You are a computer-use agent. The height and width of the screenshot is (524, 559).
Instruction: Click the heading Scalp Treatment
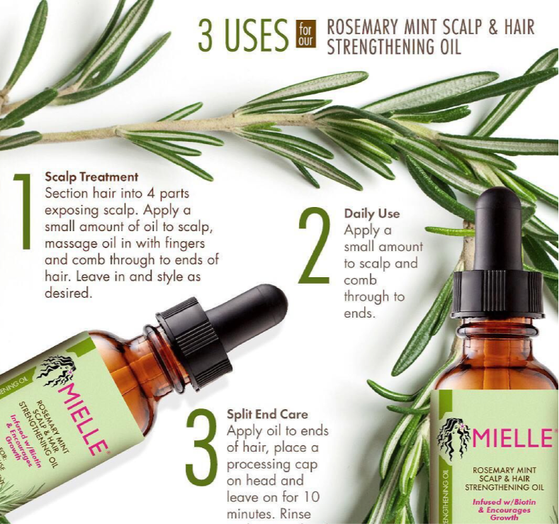tap(91, 177)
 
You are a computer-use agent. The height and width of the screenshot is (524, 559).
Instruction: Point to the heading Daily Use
tap(372, 213)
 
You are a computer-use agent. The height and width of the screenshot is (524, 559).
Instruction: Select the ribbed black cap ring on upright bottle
tap(497, 294)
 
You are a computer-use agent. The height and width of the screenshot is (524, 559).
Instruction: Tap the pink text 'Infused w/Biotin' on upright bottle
tap(503, 502)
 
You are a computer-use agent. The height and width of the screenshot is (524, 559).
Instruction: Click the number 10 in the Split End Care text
tap(315, 494)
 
